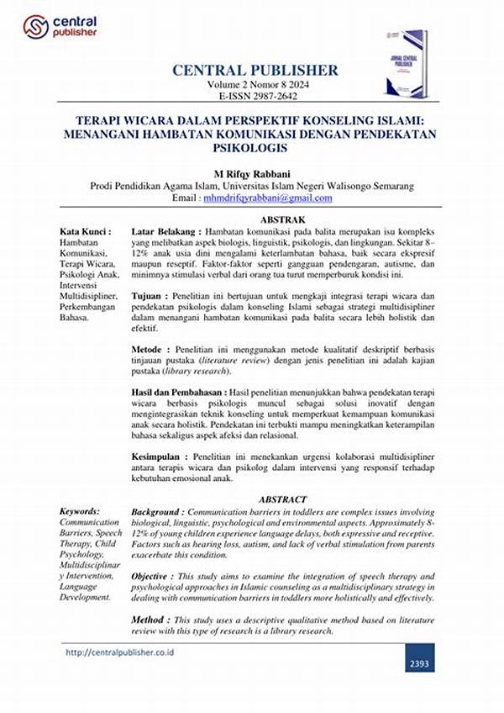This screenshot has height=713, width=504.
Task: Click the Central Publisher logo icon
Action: [x=36, y=27]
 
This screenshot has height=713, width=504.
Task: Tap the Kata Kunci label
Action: [x=83, y=231]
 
